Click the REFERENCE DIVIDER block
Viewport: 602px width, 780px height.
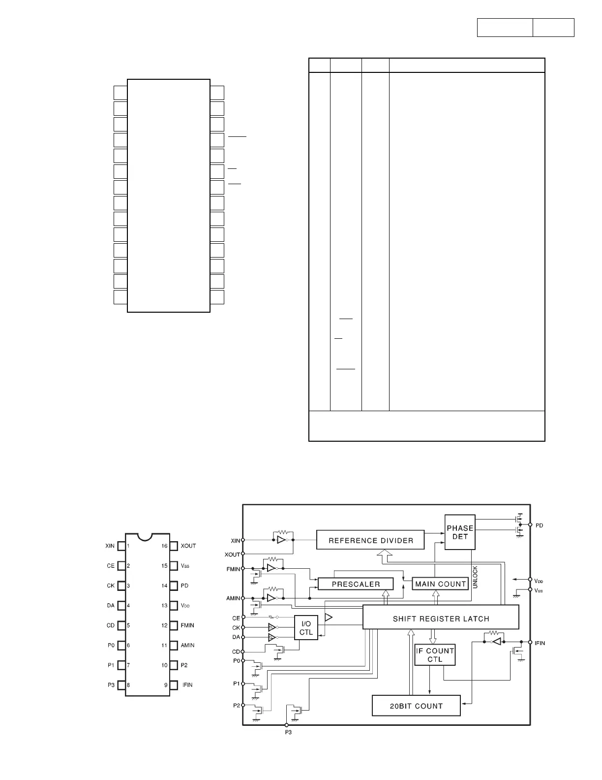(x=371, y=540)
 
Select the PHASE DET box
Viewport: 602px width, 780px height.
(x=460, y=532)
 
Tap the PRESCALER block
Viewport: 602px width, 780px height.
(x=356, y=584)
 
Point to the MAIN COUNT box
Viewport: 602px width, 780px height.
(x=440, y=584)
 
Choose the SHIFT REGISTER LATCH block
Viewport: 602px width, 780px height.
(x=441, y=618)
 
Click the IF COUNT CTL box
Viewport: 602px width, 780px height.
(x=435, y=655)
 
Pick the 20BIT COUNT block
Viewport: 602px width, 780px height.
(x=416, y=706)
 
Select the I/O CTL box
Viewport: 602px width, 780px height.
(x=306, y=628)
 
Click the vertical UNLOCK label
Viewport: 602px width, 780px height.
(x=475, y=577)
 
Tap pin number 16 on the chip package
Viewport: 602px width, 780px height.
(x=165, y=546)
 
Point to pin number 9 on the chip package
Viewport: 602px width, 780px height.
(x=166, y=685)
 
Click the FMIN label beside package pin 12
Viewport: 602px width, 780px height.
(x=187, y=625)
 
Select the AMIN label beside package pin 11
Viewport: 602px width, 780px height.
(x=187, y=645)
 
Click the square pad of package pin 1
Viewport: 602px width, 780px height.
(x=121, y=546)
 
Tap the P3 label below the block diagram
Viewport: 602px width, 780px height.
(x=288, y=732)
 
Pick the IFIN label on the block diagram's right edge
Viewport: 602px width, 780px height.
(x=540, y=643)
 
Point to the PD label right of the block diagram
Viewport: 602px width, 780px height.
(x=539, y=525)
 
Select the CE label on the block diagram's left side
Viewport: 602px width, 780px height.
(x=236, y=618)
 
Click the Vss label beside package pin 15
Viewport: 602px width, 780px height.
(x=185, y=566)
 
